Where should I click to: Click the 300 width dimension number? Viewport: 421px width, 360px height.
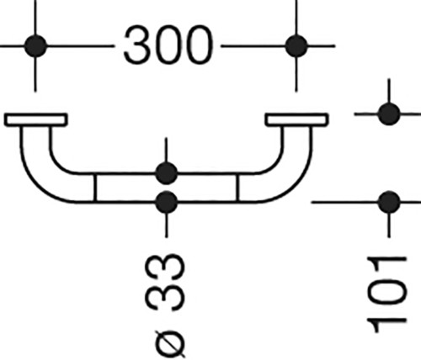point(168,45)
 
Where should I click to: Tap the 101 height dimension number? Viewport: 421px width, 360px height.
point(387,295)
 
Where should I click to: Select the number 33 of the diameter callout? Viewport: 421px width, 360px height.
point(166,283)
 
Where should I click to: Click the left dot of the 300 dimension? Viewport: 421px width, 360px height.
point(35,46)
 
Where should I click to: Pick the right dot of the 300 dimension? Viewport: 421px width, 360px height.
point(296,46)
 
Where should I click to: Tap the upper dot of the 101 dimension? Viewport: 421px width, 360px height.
point(389,114)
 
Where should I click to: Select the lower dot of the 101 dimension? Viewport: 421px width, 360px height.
point(389,202)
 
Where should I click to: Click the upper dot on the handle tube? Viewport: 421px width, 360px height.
point(166,173)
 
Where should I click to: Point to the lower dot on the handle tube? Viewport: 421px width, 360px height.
point(166,202)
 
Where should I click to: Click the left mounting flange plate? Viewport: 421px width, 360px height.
point(35,119)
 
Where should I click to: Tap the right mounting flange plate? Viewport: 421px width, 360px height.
point(297,119)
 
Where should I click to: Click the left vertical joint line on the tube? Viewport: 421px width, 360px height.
point(95,188)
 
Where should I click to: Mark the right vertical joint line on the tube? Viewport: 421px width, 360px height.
point(237,188)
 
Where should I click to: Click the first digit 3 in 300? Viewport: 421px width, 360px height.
point(137,45)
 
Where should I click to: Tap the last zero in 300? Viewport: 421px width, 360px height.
point(199,45)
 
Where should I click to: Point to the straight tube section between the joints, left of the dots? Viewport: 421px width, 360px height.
point(125,188)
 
